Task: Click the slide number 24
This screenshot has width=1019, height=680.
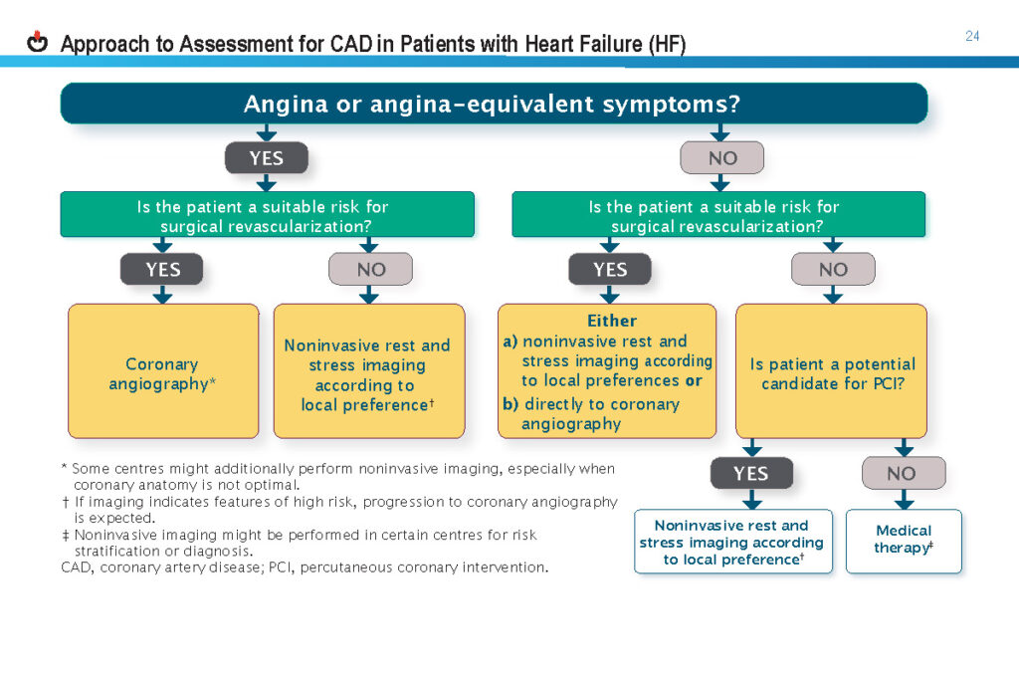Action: (972, 37)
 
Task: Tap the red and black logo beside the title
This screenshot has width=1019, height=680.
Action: (37, 42)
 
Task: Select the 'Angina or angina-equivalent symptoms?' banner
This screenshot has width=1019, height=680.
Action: (494, 104)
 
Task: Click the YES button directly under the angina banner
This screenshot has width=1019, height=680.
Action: (267, 158)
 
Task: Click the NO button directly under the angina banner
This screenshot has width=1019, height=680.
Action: (722, 158)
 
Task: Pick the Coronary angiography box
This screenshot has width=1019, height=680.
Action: (163, 371)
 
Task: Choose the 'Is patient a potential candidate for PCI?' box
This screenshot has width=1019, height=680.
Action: (831, 371)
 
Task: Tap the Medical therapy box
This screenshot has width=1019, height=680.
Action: (904, 541)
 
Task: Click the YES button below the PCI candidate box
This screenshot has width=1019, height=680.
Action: (751, 473)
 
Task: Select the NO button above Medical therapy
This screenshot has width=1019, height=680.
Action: (904, 473)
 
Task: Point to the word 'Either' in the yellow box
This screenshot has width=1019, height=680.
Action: (612, 321)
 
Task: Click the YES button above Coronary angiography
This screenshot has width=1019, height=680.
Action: (162, 269)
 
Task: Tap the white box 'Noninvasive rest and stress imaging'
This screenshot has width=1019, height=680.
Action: (733, 541)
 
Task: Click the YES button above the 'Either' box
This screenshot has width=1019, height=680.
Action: (610, 269)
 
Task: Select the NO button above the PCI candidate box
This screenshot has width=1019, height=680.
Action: (833, 269)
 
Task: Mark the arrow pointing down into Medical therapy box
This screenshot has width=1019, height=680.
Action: (904, 499)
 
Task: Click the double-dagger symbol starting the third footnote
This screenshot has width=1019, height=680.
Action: (65, 535)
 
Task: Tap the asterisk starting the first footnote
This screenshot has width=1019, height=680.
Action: (64, 467)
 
